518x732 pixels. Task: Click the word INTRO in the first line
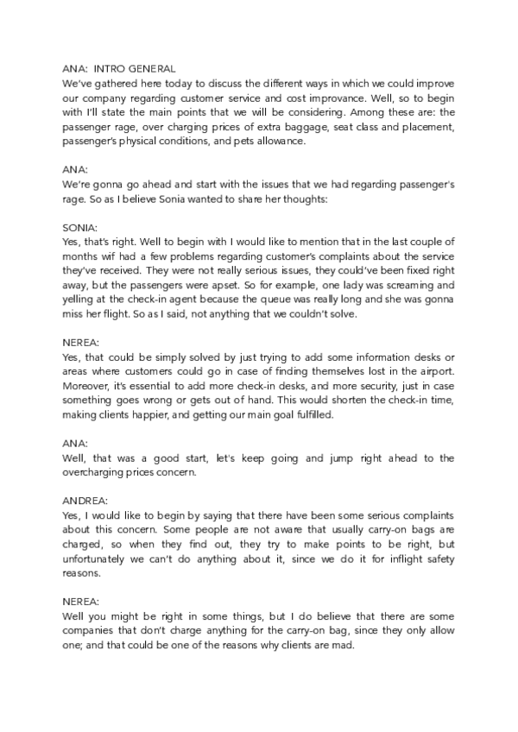(x=110, y=68)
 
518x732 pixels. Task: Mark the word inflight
(x=366, y=558)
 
